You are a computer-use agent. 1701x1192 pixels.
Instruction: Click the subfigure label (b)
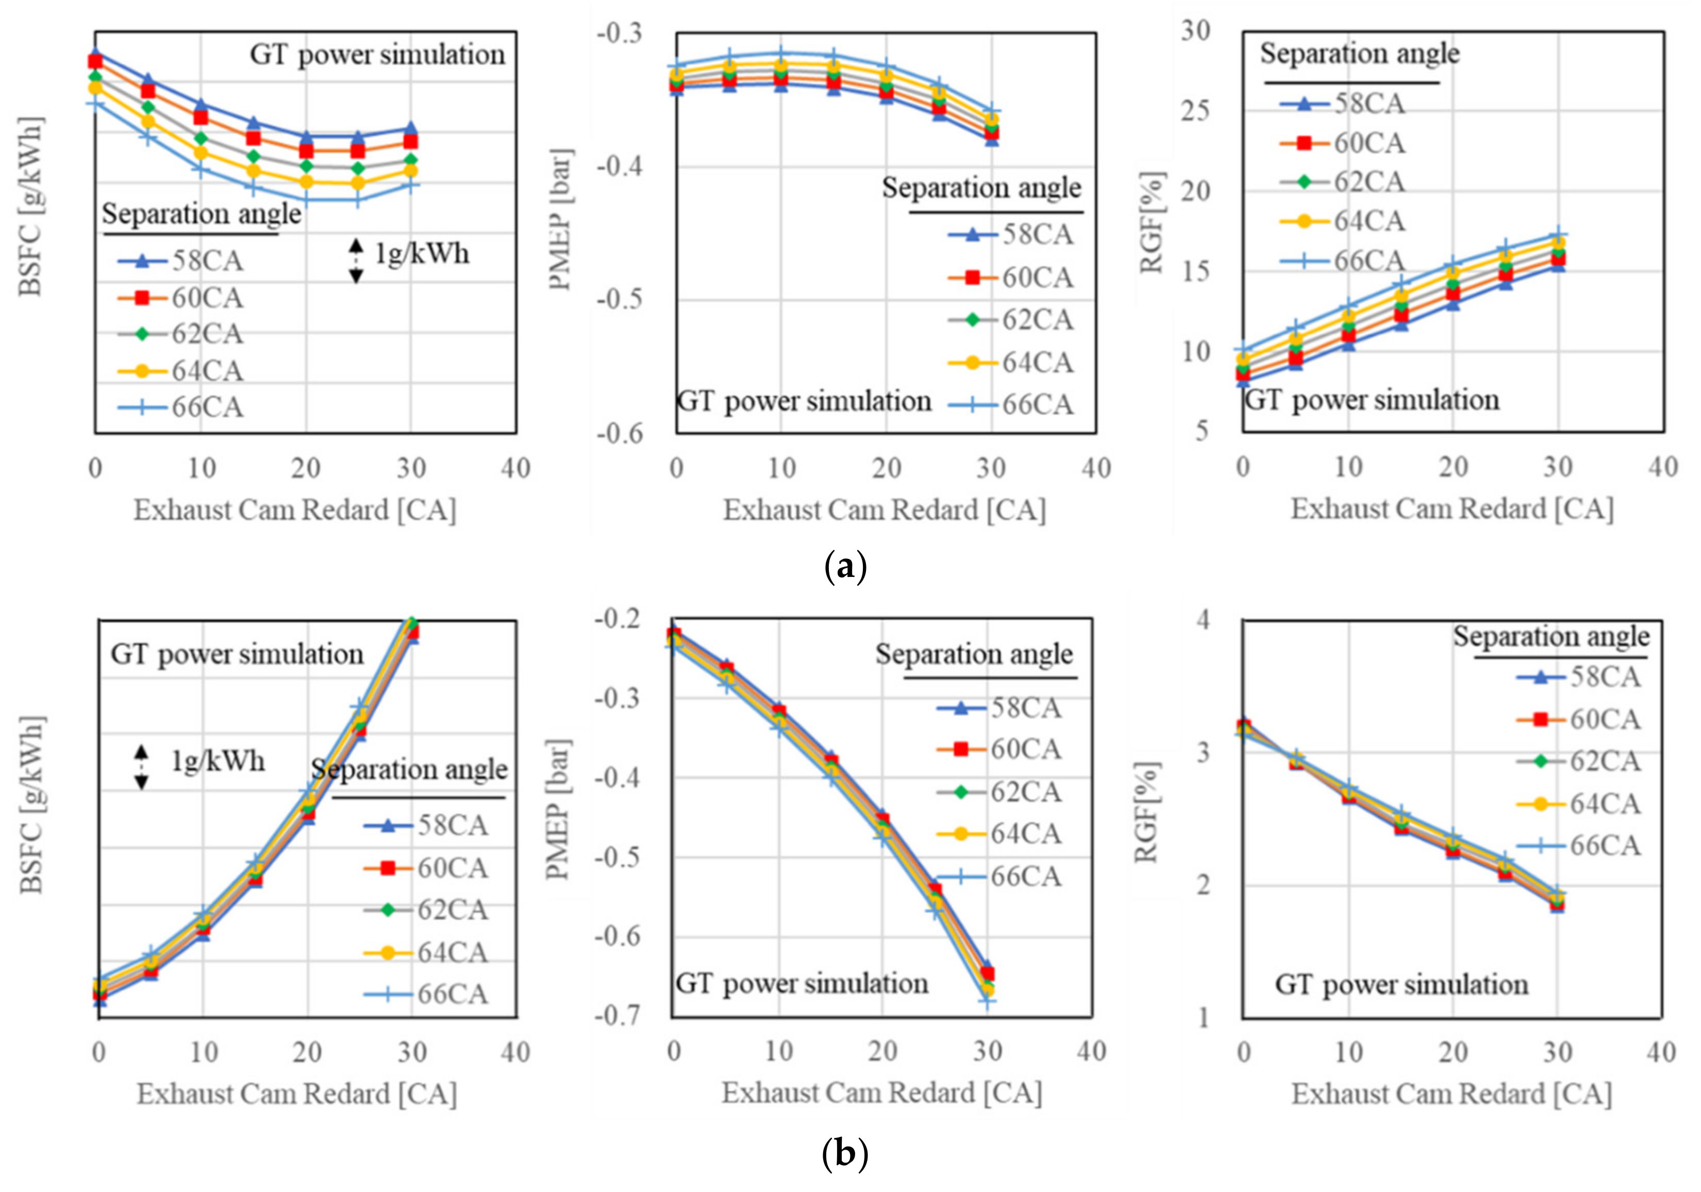[845, 1153]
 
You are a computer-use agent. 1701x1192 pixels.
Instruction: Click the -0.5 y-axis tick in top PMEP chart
[620, 300]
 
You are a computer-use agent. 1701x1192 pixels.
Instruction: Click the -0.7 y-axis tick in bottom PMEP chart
[616, 1016]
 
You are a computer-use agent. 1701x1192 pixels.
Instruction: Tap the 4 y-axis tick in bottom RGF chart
[1203, 619]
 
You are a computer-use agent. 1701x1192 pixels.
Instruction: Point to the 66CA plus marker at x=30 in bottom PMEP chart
[987, 1001]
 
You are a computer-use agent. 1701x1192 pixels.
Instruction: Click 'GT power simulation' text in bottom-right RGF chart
[1401, 985]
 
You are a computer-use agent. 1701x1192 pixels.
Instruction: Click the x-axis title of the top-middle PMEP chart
[884, 510]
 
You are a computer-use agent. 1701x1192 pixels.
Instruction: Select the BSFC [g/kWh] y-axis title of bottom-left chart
[32, 805]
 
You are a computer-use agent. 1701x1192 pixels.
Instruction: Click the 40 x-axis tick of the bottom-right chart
[1660, 1053]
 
